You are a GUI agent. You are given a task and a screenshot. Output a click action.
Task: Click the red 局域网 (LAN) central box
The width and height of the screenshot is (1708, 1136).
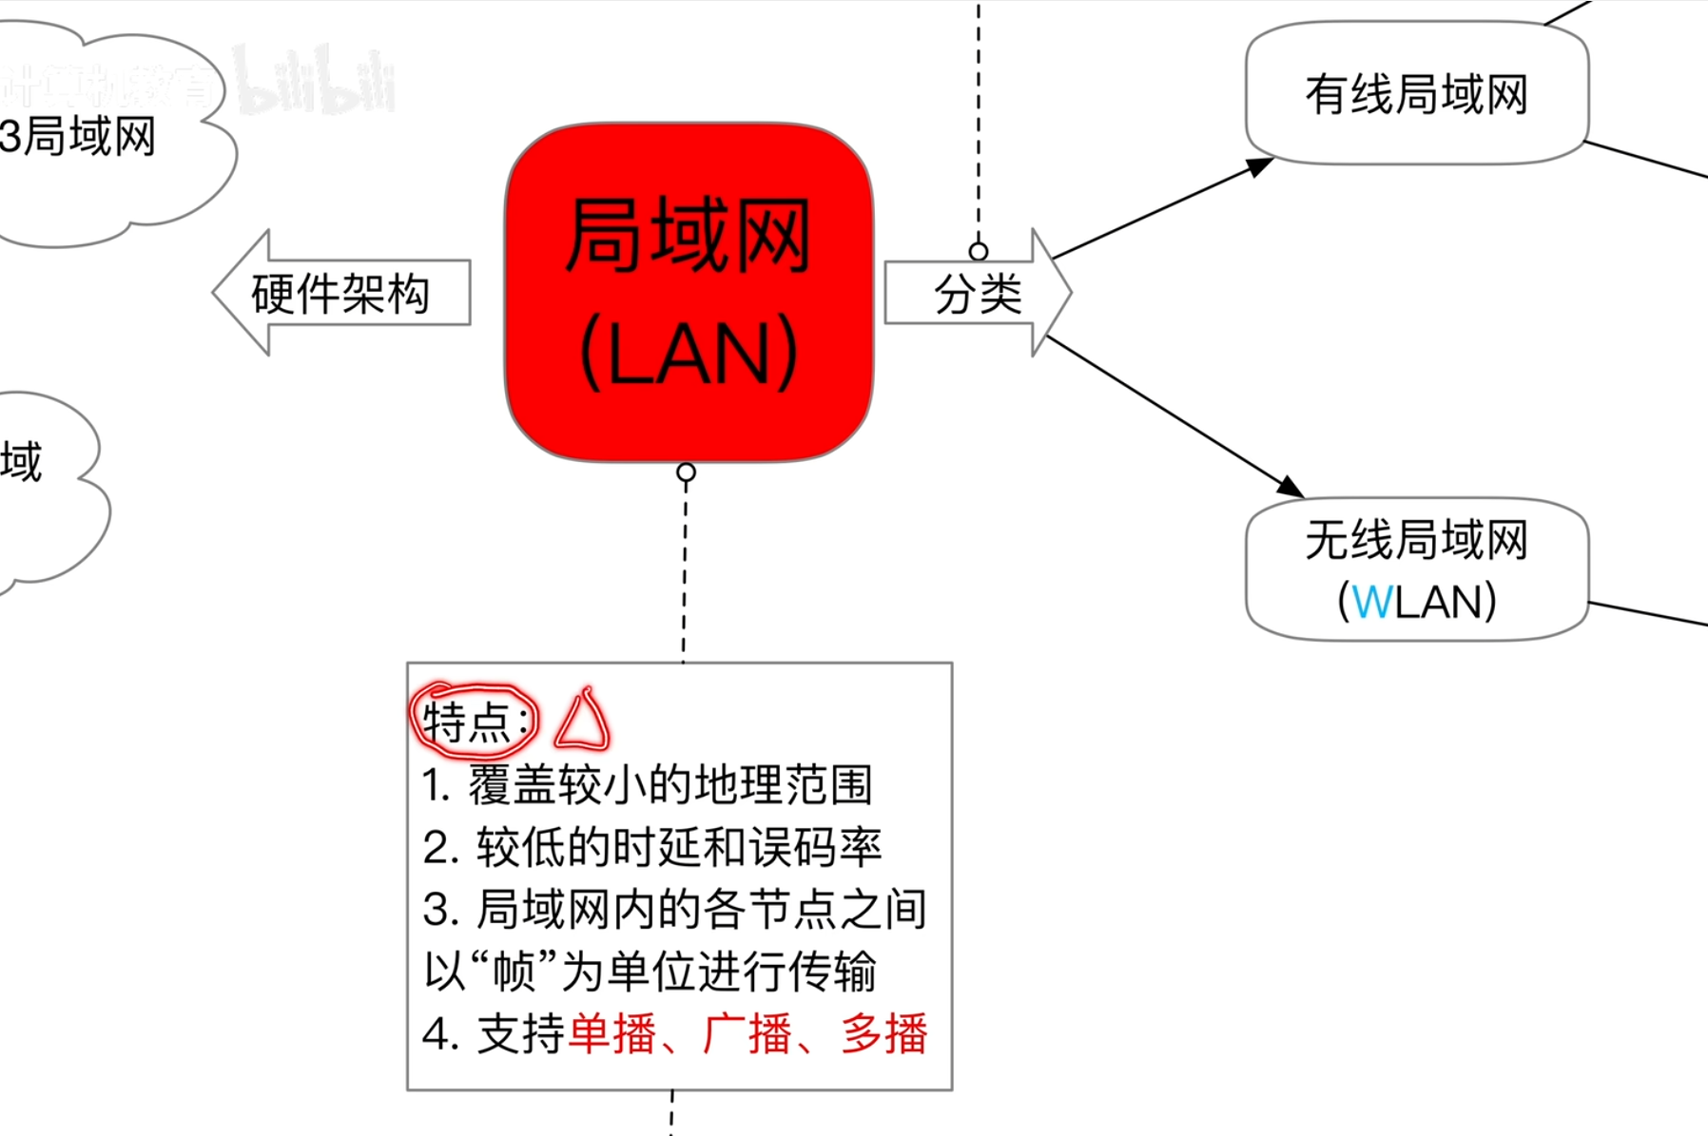point(689,293)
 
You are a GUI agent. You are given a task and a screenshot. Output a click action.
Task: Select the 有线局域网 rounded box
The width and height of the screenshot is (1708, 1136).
point(1416,94)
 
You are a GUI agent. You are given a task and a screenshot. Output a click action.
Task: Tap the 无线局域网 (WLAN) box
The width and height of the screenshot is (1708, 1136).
point(1416,569)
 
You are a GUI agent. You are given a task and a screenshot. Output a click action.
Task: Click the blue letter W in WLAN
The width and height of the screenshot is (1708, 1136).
point(1371,602)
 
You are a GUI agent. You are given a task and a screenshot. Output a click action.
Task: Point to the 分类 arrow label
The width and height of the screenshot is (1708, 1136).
point(978,293)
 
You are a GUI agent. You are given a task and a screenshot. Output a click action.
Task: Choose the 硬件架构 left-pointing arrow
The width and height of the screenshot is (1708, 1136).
point(340,293)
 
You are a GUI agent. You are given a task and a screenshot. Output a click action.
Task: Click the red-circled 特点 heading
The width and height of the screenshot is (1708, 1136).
point(474,721)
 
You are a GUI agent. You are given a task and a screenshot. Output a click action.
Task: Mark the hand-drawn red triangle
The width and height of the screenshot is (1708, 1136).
point(582,721)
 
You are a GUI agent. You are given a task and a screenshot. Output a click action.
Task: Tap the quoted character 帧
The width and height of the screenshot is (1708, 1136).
point(514,971)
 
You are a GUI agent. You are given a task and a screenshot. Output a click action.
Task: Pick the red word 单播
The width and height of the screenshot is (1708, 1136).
point(611,1033)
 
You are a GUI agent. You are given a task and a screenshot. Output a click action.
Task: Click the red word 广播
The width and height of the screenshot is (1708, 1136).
point(747,1033)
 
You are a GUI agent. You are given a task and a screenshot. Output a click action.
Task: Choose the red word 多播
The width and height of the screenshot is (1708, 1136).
point(884,1033)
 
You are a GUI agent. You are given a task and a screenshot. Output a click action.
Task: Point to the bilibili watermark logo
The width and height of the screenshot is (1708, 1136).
point(314,81)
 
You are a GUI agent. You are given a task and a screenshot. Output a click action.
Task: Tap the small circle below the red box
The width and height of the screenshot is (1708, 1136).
point(686,472)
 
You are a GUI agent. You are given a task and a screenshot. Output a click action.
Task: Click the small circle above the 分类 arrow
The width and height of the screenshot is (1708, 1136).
point(979,251)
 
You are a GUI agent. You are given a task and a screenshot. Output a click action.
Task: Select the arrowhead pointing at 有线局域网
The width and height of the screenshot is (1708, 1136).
point(1259,167)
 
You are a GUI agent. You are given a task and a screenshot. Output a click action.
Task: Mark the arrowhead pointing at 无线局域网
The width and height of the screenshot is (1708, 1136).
point(1290,486)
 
